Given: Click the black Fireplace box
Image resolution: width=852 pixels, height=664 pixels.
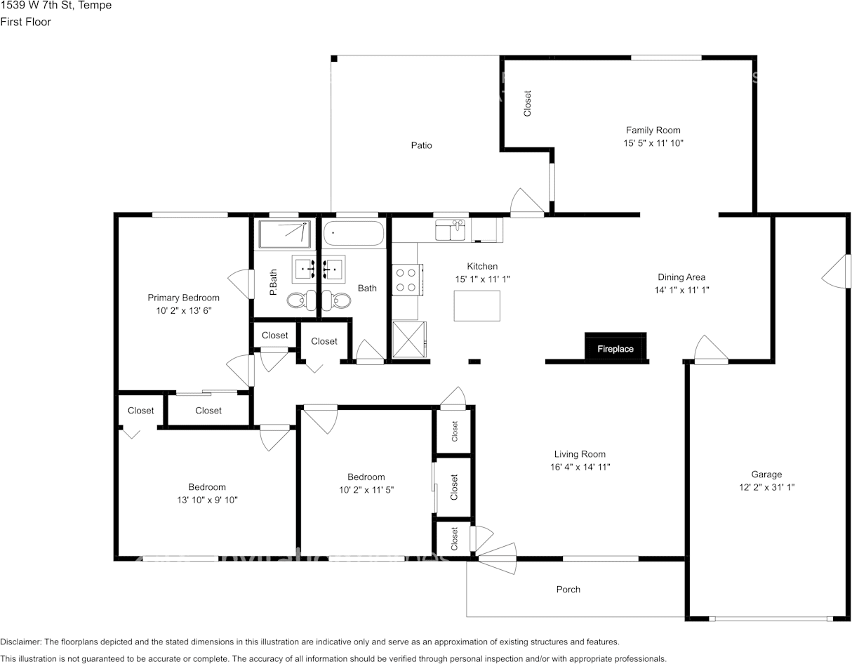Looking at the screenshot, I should click(615, 348).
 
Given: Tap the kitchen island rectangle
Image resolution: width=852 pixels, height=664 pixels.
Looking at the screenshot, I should click(477, 305).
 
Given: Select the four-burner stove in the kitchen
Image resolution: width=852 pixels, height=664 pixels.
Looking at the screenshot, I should click(406, 279).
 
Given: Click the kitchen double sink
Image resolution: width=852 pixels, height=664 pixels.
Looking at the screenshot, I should click(450, 230).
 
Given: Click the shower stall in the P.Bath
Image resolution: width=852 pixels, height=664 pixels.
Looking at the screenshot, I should click(285, 234).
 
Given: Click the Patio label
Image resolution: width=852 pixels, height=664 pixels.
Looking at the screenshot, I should click(422, 145).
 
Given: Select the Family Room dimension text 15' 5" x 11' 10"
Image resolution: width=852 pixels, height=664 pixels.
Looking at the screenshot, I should click(653, 142).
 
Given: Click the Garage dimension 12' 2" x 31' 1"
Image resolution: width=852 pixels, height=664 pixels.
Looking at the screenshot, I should click(766, 487).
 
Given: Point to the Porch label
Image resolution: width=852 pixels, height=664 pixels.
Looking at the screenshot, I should click(568, 590).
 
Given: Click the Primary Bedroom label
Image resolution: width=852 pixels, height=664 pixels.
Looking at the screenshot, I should click(183, 298).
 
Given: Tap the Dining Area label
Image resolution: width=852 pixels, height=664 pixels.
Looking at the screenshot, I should click(681, 277).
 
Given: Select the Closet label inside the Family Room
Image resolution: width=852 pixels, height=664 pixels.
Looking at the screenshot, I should click(528, 103).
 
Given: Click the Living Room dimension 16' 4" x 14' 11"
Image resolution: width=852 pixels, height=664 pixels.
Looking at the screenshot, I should click(580, 467).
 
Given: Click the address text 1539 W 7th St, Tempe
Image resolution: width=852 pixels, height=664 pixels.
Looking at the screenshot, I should click(55, 6).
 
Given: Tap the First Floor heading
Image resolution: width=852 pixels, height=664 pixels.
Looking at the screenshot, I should click(25, 22).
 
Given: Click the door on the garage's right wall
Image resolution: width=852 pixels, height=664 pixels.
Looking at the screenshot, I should click(837, 271).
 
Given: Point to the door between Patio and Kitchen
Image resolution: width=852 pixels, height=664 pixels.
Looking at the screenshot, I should click(527, 203).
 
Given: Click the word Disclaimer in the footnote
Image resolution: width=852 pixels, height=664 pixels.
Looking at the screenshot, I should click(21, 642).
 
